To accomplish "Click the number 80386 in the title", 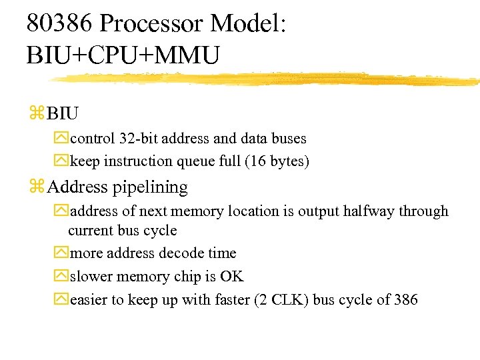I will pos(59,24).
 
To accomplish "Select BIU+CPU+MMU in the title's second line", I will pos(123,55).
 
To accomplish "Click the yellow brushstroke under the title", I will pos(267,79).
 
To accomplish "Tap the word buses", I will pos(287,139).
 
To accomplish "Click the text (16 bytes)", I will pos(276,161).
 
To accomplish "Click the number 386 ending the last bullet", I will pos(405,300).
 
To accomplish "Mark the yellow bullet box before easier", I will pos(61,300).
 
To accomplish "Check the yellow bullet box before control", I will pos(61,139).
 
